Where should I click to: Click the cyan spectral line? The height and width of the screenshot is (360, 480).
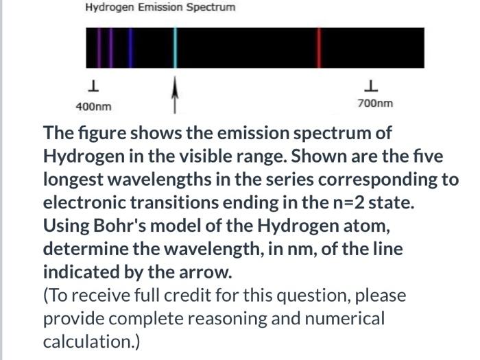(x=175, y=48)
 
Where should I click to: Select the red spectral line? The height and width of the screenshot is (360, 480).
(x=317, y=48)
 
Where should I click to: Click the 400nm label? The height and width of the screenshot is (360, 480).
(x=93, y=107)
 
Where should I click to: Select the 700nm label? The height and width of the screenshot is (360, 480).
(x=375, y=104)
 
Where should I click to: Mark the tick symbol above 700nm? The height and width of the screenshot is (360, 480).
(x=371, y=86)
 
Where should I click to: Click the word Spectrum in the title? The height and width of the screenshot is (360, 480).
(x=211, y=8)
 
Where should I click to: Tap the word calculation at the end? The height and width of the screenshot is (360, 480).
(x=88, y=341)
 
